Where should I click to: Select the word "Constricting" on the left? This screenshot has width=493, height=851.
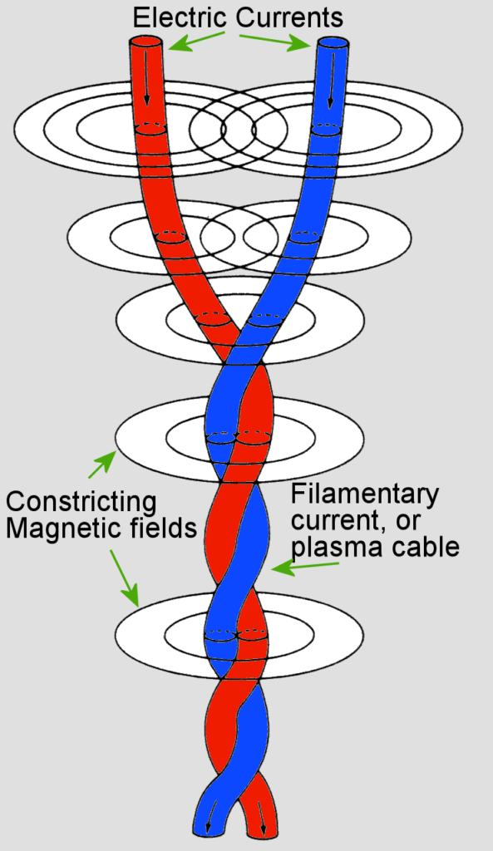[81, 503]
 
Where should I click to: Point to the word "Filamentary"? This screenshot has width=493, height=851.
[364, 495]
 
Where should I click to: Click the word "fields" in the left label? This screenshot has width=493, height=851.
[160, 529]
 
